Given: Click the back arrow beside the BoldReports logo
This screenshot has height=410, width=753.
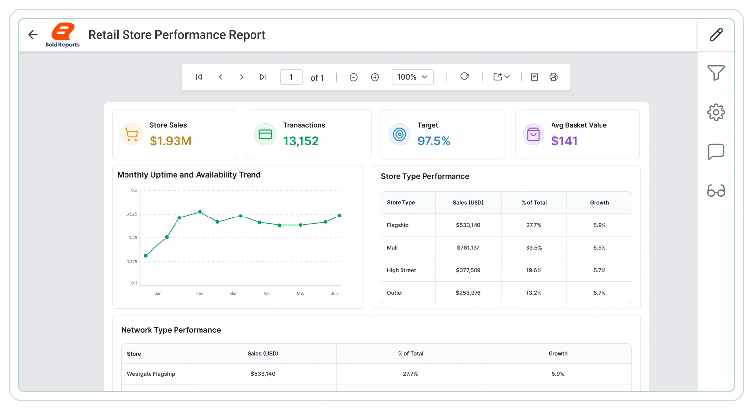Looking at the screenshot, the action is point(33,35).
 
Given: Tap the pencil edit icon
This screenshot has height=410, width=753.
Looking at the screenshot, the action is point(716,35).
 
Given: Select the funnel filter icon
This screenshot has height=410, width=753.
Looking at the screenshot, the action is point(716,72).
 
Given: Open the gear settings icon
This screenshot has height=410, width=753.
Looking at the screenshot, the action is point(716,112).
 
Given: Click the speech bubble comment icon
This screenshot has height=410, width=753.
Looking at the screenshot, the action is point(716,151).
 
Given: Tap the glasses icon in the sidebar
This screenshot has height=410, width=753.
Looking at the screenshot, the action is point(716,191).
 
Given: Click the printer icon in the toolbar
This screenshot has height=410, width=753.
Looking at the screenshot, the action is point(553,77).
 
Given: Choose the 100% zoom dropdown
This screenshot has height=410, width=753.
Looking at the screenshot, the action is point(412,77).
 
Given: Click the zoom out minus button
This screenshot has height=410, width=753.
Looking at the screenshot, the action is point(353,77).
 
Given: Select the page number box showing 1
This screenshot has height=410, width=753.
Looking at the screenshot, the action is point(292,77).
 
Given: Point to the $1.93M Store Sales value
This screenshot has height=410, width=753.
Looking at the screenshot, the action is point(171,141).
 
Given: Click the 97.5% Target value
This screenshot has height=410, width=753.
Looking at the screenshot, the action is point(434,141).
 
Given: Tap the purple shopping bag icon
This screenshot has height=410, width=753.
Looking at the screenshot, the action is point(533,134).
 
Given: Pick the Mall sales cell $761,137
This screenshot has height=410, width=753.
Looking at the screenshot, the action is point(468,248).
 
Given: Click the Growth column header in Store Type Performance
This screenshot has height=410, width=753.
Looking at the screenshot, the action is point(600,202).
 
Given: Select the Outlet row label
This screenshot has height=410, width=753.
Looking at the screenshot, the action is point(395,293).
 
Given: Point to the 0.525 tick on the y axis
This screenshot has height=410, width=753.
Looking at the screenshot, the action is point(132,214).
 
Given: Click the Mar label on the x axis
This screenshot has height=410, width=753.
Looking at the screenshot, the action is point(233,293).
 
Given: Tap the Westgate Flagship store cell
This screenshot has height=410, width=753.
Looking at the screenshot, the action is point(151,374).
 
